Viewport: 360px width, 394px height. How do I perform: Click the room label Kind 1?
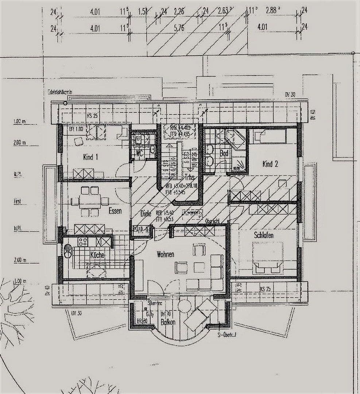90,157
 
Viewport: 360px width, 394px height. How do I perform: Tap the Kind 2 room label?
270,164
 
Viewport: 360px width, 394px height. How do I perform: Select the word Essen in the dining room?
115,210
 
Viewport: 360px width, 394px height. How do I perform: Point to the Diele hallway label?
146,214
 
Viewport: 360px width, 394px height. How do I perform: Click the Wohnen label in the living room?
165,254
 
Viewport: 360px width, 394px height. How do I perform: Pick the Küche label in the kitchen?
97,255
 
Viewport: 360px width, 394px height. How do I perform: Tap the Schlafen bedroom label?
264,235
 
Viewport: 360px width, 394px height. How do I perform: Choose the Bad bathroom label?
224,154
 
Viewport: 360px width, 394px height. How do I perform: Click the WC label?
139,154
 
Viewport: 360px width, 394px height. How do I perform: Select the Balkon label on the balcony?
168,322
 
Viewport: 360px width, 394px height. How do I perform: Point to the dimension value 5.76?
179,28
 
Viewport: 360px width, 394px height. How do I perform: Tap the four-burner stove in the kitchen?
83,242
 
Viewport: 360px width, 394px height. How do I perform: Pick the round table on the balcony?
185,306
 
